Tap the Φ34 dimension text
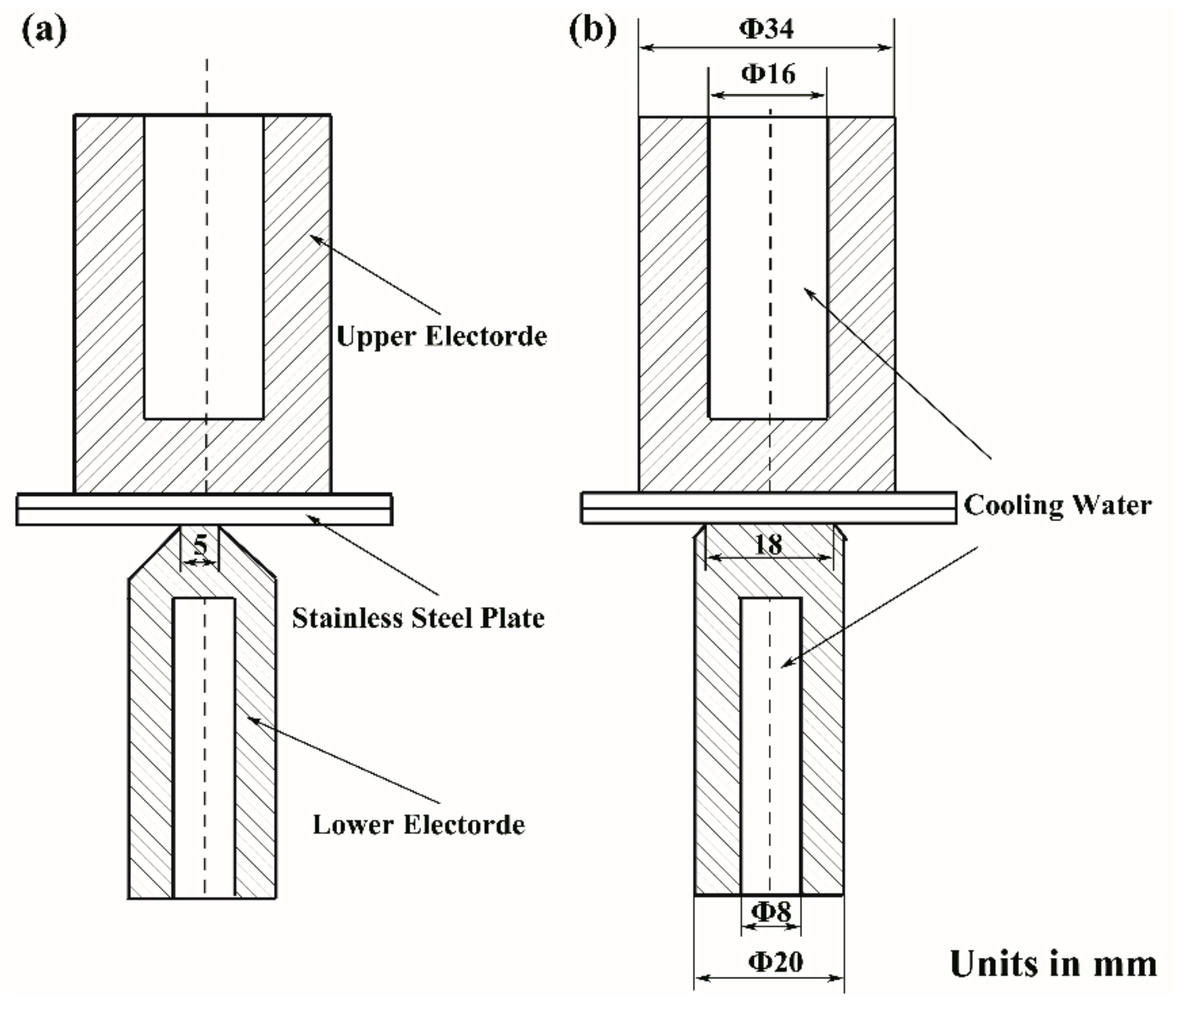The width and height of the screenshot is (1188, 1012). (767, 28)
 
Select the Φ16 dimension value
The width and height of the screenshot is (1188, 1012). (768, 74)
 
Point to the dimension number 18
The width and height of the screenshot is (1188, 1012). (768, 545)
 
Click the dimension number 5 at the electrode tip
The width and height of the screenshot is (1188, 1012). (200, 545)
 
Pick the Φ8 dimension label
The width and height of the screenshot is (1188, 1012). (771, 911)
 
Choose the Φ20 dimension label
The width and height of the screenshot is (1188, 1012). (776, 961)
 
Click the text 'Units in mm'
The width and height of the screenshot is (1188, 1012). (1053, 963)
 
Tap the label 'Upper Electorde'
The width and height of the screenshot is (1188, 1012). (441, 336)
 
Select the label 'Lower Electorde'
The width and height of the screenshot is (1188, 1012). (419, 824)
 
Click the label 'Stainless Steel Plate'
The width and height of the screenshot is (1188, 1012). (418, 618)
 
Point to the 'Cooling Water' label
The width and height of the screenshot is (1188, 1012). (1057, 505)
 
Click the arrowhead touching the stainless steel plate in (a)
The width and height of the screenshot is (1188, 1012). (311, 518)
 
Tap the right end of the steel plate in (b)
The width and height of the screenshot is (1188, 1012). (955, 508)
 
